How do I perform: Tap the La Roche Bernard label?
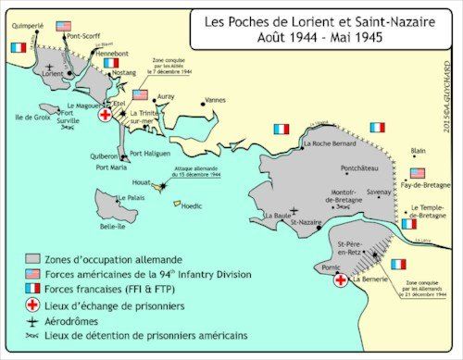point(332,144)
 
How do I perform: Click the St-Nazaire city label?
point(307,222)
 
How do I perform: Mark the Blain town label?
point(419,151)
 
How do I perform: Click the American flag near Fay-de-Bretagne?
point(418,173)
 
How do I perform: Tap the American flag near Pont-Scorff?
point(63,27)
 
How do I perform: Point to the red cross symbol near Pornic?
point(342,279)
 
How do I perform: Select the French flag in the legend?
point(33,289)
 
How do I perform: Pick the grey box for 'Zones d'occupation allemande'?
point(33,259)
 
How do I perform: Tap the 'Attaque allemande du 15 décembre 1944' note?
point(196,171)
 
